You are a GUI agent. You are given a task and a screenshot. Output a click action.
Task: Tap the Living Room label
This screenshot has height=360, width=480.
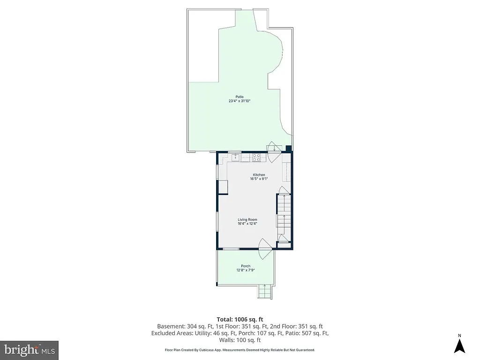247,219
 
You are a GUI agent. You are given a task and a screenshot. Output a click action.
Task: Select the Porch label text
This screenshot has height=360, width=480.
246,266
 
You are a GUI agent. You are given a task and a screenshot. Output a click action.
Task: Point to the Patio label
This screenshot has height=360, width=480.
240,97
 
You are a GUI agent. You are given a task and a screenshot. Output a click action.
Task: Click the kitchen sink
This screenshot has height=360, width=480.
235,157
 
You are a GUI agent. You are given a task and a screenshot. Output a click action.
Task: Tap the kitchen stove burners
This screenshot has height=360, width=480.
257,157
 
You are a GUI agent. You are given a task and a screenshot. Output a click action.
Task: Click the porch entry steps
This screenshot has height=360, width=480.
264,292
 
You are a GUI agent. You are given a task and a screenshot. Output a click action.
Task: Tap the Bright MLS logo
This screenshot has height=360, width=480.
29,350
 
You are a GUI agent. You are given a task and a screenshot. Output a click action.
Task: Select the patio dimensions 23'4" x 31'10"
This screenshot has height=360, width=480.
240,101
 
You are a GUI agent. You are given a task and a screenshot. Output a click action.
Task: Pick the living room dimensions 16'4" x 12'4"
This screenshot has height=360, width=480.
247,224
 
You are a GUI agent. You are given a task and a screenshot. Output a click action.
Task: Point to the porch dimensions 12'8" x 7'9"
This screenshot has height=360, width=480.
246,270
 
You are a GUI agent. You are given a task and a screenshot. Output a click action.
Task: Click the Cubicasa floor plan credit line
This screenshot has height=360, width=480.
240,350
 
